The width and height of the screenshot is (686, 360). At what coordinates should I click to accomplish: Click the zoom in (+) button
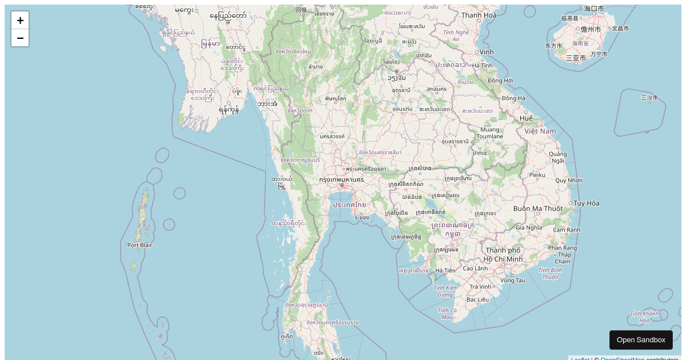click(x=20, y=21)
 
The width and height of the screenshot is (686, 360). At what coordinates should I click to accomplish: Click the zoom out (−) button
click(x=20, y=38)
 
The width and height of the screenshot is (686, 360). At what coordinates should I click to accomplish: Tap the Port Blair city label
click(x=140, y=245)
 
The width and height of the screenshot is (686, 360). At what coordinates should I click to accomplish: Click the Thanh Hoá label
click(x=479, y=15)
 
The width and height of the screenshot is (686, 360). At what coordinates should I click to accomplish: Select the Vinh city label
click(x=486, y=52)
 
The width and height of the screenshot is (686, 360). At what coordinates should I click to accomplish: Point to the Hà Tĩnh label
click(x=482, y=66)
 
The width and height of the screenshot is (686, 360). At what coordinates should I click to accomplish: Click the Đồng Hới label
click(x=500, y=81)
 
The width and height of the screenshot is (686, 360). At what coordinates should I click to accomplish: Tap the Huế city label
click(x=526, y=118)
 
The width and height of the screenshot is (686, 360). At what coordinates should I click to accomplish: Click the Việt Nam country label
click(x=540, y=131)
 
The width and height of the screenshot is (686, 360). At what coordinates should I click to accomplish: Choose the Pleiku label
click(x=537, y=175)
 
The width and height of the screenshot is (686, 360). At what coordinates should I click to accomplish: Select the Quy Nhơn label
click(x=568, y=181)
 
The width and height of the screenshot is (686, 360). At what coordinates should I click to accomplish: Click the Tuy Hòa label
click(x=587, y=203)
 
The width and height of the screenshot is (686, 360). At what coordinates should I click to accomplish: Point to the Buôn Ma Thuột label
click(x=538, y=209)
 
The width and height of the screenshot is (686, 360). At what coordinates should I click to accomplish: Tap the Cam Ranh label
click(x=566, y=230)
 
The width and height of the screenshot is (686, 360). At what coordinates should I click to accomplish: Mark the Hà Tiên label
click(x=445, y=270)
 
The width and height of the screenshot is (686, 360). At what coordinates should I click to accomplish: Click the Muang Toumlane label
click(x=490, y=133)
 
